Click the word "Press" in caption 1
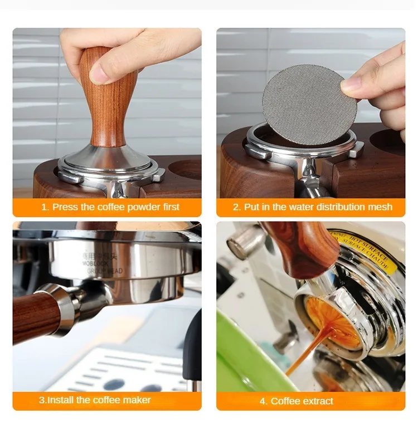(x=66, y=207)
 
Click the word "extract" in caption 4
(x=317, y=401)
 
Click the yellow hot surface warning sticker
(x=362, y=251)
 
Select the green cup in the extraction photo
(x=245, y=357)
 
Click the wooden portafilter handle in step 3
(x=36, y=315)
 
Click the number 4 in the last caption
(x=263, y=401)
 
